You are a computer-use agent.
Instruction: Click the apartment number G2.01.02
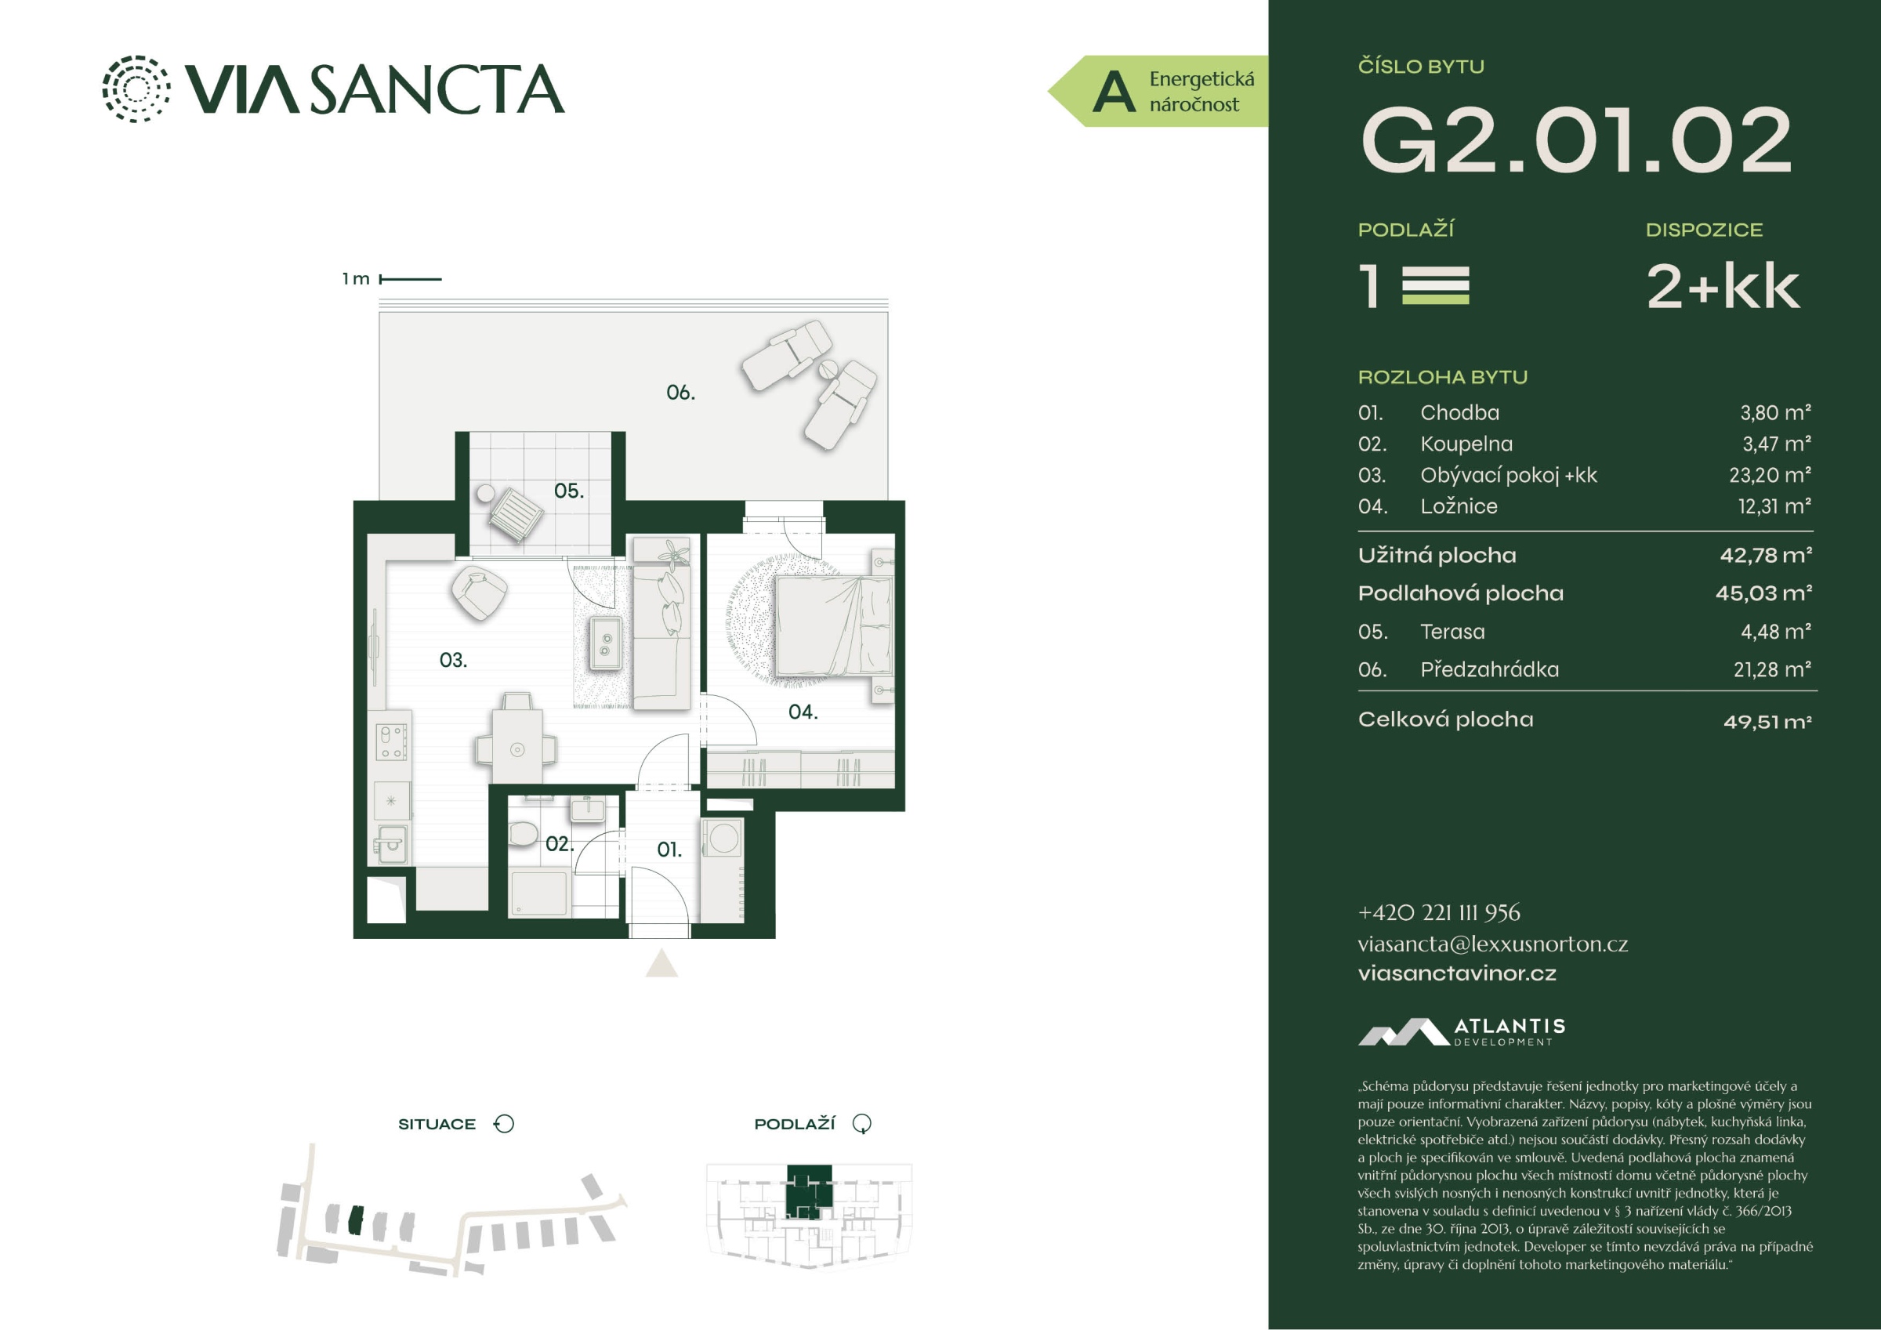point(1575,140)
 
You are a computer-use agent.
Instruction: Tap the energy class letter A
point(1114,92)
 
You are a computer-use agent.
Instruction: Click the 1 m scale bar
point(411,280)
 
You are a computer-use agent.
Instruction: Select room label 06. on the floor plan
point(680,393)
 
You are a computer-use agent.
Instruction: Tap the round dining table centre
point(517,749)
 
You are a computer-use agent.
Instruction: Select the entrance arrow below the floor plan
point(661,963)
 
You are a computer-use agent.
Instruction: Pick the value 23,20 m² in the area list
point(1770,475)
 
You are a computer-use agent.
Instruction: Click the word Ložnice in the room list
point(1459,506)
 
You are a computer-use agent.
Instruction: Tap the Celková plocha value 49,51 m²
point(1767,722)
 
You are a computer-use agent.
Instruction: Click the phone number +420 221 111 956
point(1439,913)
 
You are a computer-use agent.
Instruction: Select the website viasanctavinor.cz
point(1457,973)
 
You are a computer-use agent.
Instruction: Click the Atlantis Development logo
point(1462,1031)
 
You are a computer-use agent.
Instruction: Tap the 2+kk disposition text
point(1723,287)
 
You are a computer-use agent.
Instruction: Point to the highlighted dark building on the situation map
point(355,1220)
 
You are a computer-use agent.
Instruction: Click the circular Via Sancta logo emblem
point(136,89)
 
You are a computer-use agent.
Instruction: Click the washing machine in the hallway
point(723,839)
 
